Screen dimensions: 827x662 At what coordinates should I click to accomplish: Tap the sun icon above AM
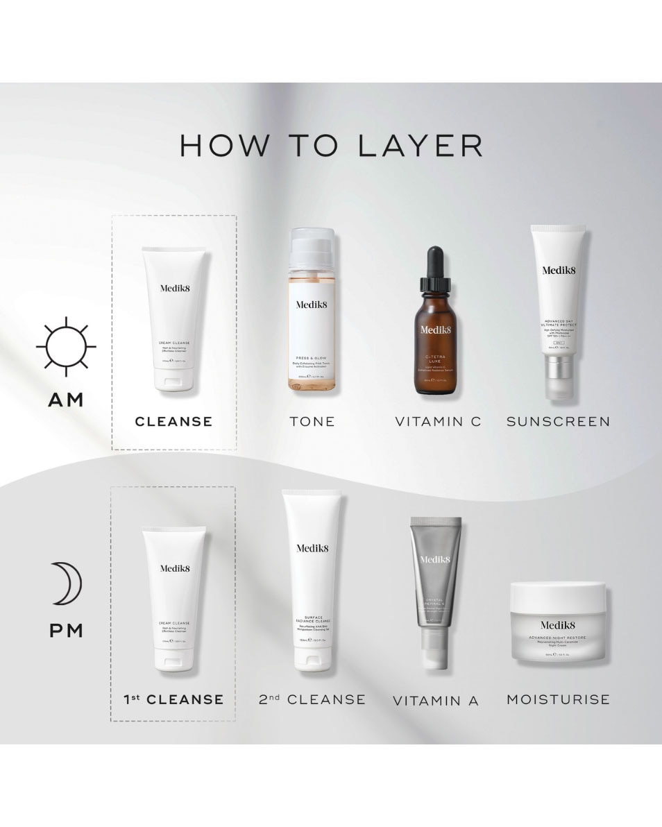(66, 346)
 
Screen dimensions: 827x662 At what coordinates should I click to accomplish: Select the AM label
(66, 400)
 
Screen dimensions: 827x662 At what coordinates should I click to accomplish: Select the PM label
(66, 631)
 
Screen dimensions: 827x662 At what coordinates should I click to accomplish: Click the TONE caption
(312, 421)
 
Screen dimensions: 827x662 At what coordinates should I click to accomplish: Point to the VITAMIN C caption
(438, 421)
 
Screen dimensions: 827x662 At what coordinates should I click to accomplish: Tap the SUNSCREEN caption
(558, 421)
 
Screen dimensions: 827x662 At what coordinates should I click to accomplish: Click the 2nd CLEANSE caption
(312, 699)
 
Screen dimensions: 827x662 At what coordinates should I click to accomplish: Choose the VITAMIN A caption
(436, 701)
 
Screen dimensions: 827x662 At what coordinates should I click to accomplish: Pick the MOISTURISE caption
(558, 699)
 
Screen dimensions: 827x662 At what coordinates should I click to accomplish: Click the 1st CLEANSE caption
(173, 699)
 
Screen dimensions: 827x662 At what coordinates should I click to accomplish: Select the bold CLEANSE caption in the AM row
(173, 421)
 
